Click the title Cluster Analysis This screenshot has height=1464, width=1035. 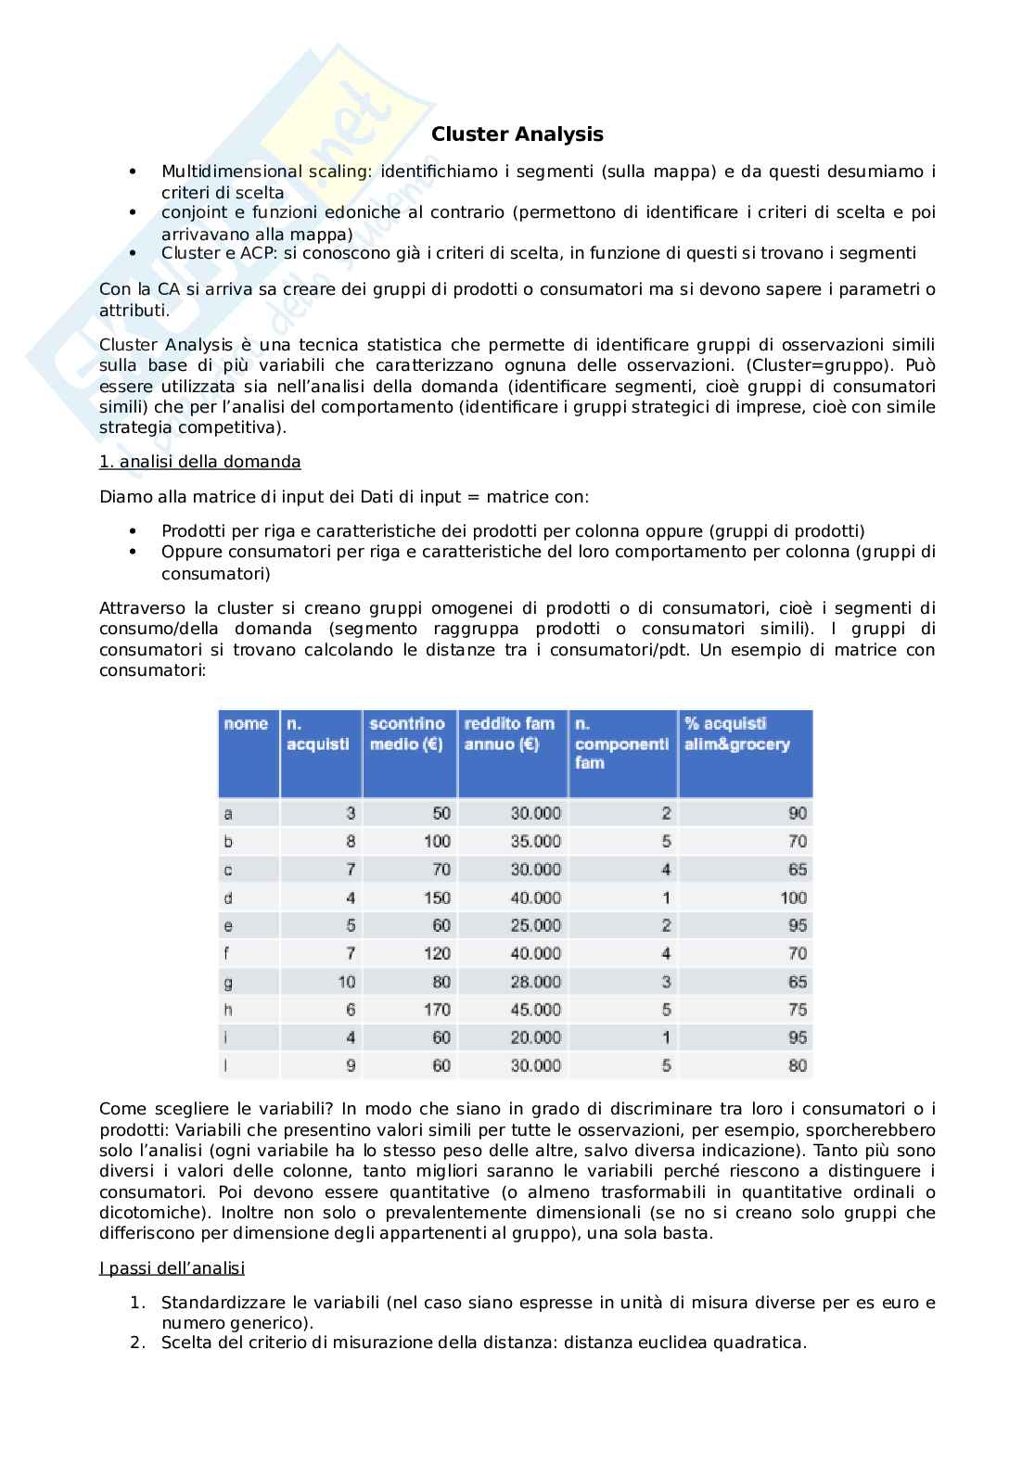(x=517, y=134)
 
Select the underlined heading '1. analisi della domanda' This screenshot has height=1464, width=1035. (x=199, y=462)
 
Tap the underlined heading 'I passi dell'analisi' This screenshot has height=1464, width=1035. (x=172, y=1267)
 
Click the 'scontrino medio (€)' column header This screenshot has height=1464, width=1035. (x=407, y=733)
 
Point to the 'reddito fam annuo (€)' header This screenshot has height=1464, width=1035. (x=509, y=733)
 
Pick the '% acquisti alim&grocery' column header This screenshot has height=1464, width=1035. (x=737, y=733)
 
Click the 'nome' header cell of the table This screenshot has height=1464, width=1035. (x=246, y=724)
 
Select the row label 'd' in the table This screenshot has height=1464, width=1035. (x=228, y=897)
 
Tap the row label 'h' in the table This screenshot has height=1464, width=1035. (x=228, y=1010)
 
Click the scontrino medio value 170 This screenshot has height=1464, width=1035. (x=437, y=1010)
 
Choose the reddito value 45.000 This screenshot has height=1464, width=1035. (x=535, y=1010)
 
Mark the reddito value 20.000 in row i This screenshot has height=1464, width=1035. (x=535, y=1038)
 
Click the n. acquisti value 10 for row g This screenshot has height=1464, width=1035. (x=346, y=982)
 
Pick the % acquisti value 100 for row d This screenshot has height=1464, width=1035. (x=793, y=897)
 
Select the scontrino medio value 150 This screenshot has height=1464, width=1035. (x=437, y=897)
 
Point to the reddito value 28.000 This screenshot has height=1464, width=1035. (x=535, y=982)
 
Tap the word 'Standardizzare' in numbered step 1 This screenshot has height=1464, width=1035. (x=217, y=1303)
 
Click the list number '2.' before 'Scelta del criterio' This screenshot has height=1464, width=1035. (x=138, y=1342)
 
